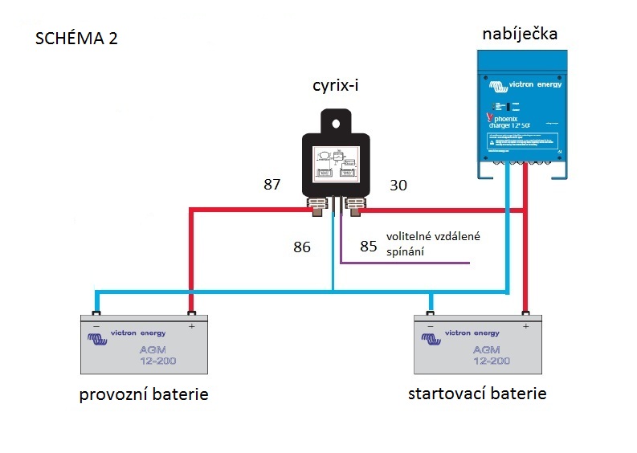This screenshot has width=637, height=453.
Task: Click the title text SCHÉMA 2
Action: point(77,39)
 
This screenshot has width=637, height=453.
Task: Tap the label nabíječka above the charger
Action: point(520,34)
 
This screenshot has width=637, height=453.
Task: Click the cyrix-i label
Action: point(336,86)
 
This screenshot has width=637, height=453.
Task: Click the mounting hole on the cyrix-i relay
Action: point(336,122)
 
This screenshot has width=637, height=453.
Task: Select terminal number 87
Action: point(272,186)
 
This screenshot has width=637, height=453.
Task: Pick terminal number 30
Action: point(398,186)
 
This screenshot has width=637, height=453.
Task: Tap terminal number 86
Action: point(302,247)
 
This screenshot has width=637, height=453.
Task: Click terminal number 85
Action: point(369,247)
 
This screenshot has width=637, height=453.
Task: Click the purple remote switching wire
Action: point(402,263)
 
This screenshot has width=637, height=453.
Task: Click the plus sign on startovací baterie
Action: point(526,326)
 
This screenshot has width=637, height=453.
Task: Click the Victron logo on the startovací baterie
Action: point(433,338)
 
